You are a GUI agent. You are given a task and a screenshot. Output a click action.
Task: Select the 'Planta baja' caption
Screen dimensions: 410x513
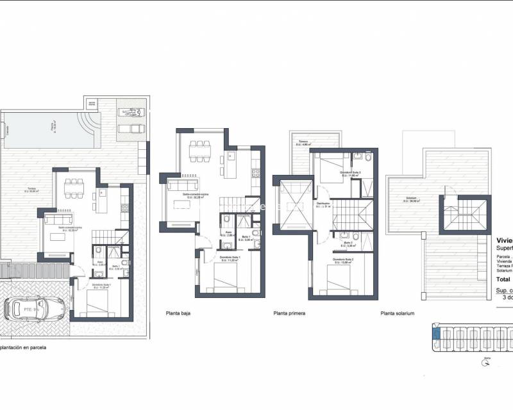click(178, 314)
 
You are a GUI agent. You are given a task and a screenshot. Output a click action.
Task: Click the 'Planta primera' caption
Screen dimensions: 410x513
click(289, 314)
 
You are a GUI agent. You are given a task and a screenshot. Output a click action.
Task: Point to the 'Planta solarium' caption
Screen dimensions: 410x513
click(398, 314)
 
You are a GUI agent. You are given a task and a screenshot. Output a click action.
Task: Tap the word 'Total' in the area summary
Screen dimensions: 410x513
click(504, 279)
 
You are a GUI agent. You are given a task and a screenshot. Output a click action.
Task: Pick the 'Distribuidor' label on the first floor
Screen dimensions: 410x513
click(323, 204)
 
